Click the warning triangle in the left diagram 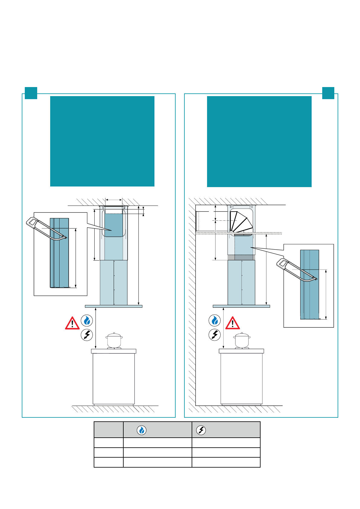click(72, 323)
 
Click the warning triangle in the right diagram click(232, 323)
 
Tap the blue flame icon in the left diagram click(87, 320)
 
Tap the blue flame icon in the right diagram click(215, 320)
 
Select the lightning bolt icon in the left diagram click(87, 335)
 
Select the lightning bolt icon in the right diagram click(215, 335)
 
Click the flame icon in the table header click(141, 430)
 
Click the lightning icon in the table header click(201, 430)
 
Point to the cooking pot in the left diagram click(114, 340)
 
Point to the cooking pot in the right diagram click(242, 340)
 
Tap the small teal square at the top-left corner click(31, 93)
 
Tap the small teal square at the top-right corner click(328, 93)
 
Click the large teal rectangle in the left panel click(102, 141)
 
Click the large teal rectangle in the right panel click(259, 141)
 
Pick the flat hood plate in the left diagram click(114, 306)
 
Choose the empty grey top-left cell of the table click(109, 430)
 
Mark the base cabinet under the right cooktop click(242, 378)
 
